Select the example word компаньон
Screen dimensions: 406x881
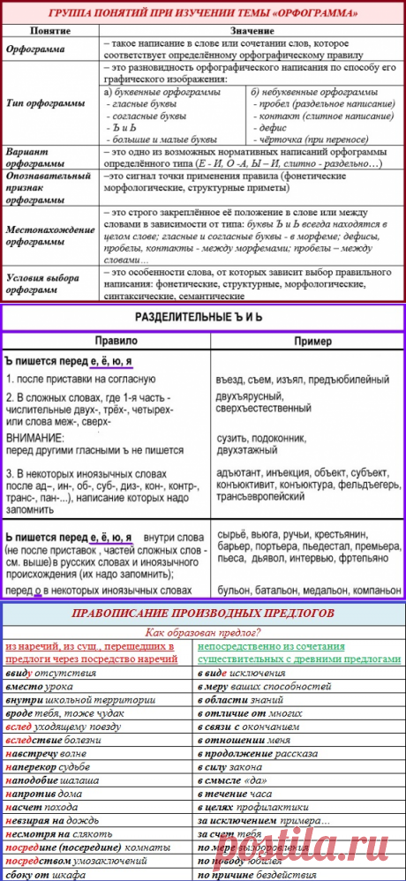pyautogui.click(x=365, y=586)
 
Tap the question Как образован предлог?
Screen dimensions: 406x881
pyautogui.click(x=204, y=631)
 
